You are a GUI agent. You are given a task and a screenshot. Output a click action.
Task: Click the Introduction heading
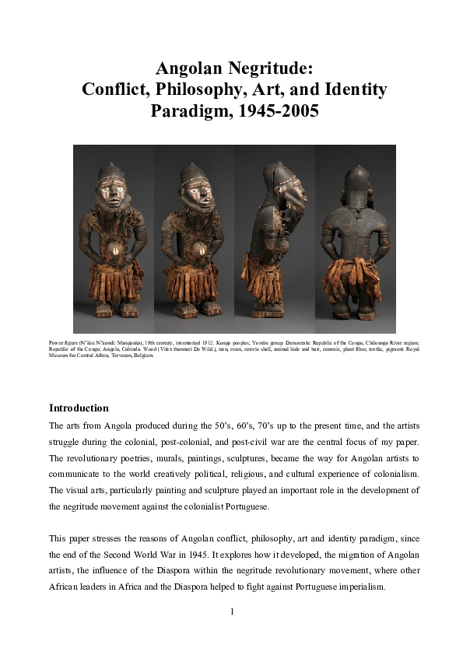point(79,408)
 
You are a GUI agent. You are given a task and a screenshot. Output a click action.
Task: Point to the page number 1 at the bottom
point(232,611)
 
